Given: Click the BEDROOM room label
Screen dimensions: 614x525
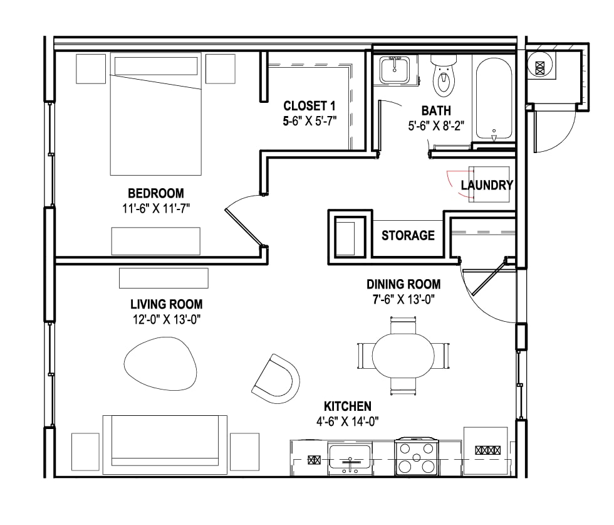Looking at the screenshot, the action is tap(156, 193).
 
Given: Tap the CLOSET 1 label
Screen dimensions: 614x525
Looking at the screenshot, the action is tap(310, 106).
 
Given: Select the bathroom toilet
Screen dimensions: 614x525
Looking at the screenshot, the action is tap(444, 76).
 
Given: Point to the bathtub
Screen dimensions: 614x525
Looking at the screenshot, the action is tap(494, 98).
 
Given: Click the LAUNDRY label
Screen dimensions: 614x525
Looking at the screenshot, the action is tap(487, 185).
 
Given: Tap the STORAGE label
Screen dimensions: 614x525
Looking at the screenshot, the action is tap(408, 235).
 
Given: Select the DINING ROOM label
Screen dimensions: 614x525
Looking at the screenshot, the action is tap(403, 284).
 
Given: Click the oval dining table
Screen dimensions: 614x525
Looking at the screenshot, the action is tap(403, 355).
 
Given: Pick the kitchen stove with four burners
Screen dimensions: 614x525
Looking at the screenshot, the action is tap(417, 457).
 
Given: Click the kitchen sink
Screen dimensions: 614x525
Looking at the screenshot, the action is tap(350, 457).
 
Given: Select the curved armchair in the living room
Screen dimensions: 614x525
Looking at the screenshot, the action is tap(276, 378).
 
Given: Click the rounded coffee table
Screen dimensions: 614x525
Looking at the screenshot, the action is tap(160, 363).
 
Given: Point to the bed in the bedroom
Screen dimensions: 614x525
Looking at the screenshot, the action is tap(156, 114).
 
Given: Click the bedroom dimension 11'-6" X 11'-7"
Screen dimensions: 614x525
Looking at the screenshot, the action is tap(156, 209).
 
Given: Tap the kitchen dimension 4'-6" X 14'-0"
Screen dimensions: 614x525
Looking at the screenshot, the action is tap(347, 422).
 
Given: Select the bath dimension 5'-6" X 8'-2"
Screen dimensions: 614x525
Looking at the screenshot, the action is tap(436, 126).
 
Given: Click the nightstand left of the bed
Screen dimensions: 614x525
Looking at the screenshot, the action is tap(91, 68).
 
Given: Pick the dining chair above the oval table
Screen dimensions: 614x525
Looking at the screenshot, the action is tap(403, 325).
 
